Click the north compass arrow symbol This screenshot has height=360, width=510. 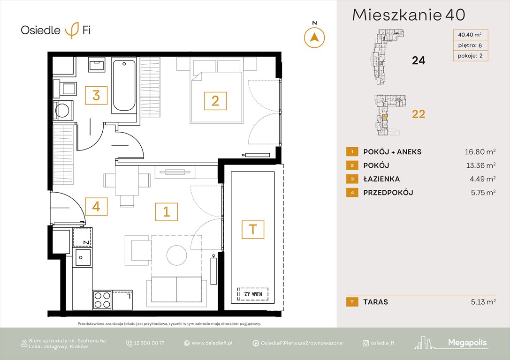[x=314, y=37]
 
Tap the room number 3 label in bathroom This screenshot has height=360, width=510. [x=96, y=96]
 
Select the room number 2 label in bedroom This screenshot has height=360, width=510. [x=215, y=101]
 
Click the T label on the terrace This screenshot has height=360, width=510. [x=253, y=229]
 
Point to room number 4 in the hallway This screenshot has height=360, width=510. [x=96, y=206]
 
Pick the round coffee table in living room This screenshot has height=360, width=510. [x=176, y=255]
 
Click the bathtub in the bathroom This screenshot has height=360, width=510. [x=124, y=85]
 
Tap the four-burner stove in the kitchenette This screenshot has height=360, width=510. [x=102, y=300]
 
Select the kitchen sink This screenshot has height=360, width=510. [x=83, y=257]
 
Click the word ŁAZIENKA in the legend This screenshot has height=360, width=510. [x=381, y=179]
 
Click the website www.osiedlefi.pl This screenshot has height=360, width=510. [x=212, y=343]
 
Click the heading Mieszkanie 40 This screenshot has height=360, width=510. [x=408, y=15]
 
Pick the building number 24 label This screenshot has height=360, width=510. [x=418, y=60]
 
